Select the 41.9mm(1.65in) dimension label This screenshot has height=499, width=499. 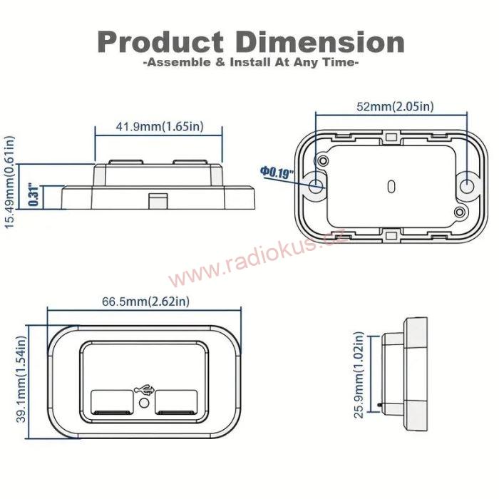point(159,127)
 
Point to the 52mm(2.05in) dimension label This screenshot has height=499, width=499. point(394,107)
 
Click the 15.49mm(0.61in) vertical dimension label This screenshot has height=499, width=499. point(10,182)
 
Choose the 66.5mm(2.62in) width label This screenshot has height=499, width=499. point(145,302)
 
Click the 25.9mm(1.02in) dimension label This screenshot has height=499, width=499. point(359,374)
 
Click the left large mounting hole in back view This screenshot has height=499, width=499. point(317,187)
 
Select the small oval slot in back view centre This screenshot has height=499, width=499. point(391,186)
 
